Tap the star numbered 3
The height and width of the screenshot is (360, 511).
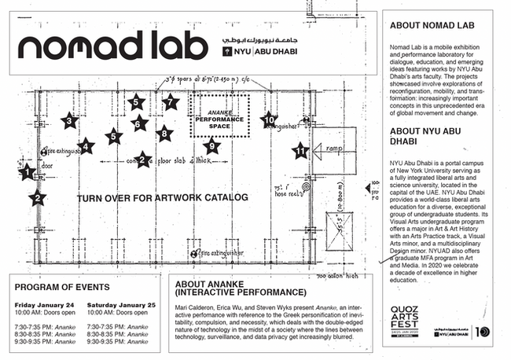pyautogui.click(x=69, y=120)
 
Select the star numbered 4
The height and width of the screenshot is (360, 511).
pyautogui.click(x=86, y=145)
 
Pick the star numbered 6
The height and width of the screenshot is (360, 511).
pyautogui.click(x=139, y=123)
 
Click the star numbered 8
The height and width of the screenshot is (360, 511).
pyautogui.click(x=164, y=134)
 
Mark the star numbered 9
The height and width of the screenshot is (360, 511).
pyautogui.click(x=211, y=145)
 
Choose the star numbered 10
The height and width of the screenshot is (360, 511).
pyautogui.click(x=269, y=119)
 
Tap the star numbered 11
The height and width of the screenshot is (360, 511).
pyautogui.click(x=300, y=149)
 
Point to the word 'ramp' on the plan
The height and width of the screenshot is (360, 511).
pyautogui.click(x=327, y=148)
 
